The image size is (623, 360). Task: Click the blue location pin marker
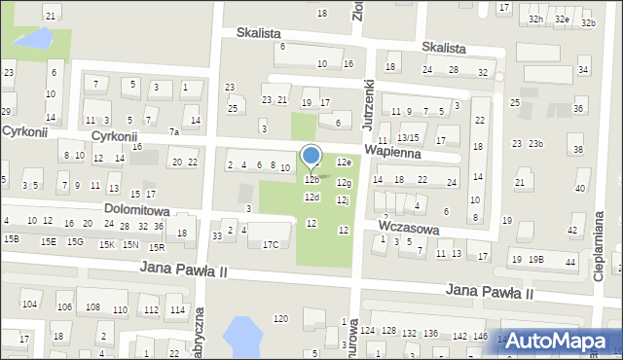(x=311, y=157)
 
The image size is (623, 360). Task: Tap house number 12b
(x=311, y=180)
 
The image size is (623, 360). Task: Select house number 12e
(x=344, y=162)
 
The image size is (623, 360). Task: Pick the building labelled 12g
(x=344, y=182)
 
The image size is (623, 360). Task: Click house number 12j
(x=343, y=199)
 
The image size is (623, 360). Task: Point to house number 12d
(x=311, y=198)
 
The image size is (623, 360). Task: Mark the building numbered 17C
(x=271, y=244)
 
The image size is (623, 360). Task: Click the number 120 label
(x=281, y=319)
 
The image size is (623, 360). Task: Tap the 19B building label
(x=536, y=259)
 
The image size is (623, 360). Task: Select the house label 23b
(x=536, y=144)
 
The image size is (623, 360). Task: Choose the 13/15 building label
(x=408, y=138)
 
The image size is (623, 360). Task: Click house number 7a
(x=174, y=131)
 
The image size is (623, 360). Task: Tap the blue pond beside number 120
(x=242, y=337)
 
